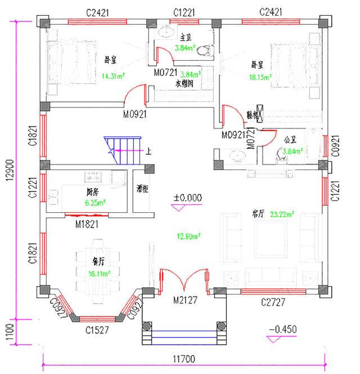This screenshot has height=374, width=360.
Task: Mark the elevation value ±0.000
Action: (x=187, y=198)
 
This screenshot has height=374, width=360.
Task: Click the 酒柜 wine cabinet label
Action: (x=143, y=190)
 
